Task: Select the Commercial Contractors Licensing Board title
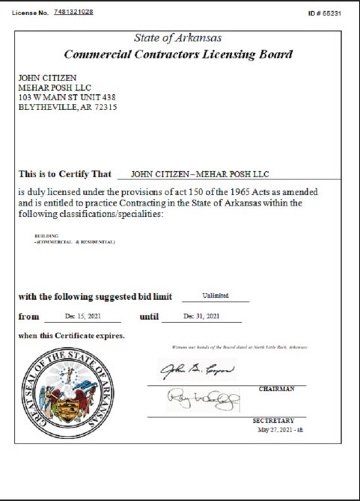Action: [178, 55]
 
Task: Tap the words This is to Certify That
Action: [64, 173]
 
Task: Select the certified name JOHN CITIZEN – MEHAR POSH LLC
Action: [199, 174]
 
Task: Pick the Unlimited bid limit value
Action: [215, 295]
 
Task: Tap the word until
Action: [150, 317]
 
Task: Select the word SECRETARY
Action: [273, 420]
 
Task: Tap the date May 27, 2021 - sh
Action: [279, 429]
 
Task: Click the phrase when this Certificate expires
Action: [71, 336]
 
